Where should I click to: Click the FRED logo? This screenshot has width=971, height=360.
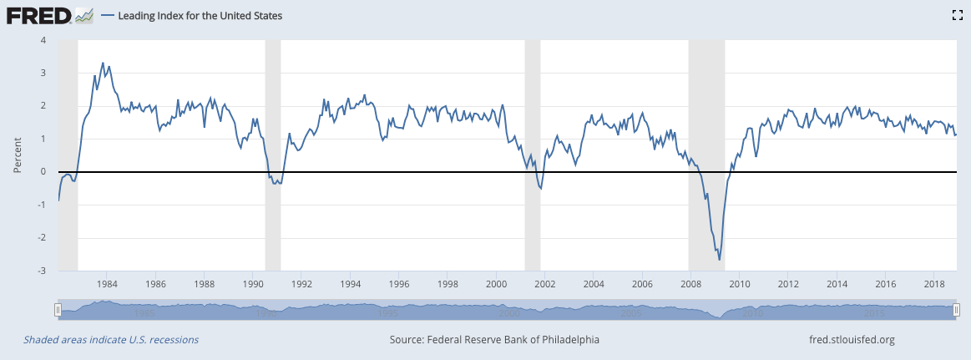pyautogui.click(x=38, y=15)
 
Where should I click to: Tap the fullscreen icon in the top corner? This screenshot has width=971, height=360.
pyautogui.click(x=958, y=15)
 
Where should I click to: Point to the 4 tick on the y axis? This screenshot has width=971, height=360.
pyautogui.click(x=43, y=40)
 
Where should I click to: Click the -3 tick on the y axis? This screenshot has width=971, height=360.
pyautogui.click(x=43, y=271)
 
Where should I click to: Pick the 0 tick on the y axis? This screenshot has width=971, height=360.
pyautogui.click(x=43, y=172)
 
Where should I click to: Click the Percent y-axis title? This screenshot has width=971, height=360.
pyautogui.click(x=18, y=155)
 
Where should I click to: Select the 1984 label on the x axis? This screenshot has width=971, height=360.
pyautogui.click(x=108, y=284)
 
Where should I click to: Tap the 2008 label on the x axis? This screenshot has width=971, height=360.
pyautogui.click(x=691, y=284)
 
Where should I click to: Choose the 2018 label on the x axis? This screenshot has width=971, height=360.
pyautogui.click(x=934, y=284)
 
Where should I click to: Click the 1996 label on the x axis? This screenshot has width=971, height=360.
pyautogui.click(x=399, y=284)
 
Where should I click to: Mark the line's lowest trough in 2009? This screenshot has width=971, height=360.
pyautogui.click(x=720, y=260)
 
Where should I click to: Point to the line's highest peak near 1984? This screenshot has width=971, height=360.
pyautogui.click(x=103, y=63)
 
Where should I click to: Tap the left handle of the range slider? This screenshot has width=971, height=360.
pyautogui.click(x=58, y=310)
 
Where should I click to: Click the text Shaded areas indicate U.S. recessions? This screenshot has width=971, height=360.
pyautogui.click(x=111, y=340)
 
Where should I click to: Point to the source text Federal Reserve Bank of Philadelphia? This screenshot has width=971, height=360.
pyautogui.click(x=494, y=340)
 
